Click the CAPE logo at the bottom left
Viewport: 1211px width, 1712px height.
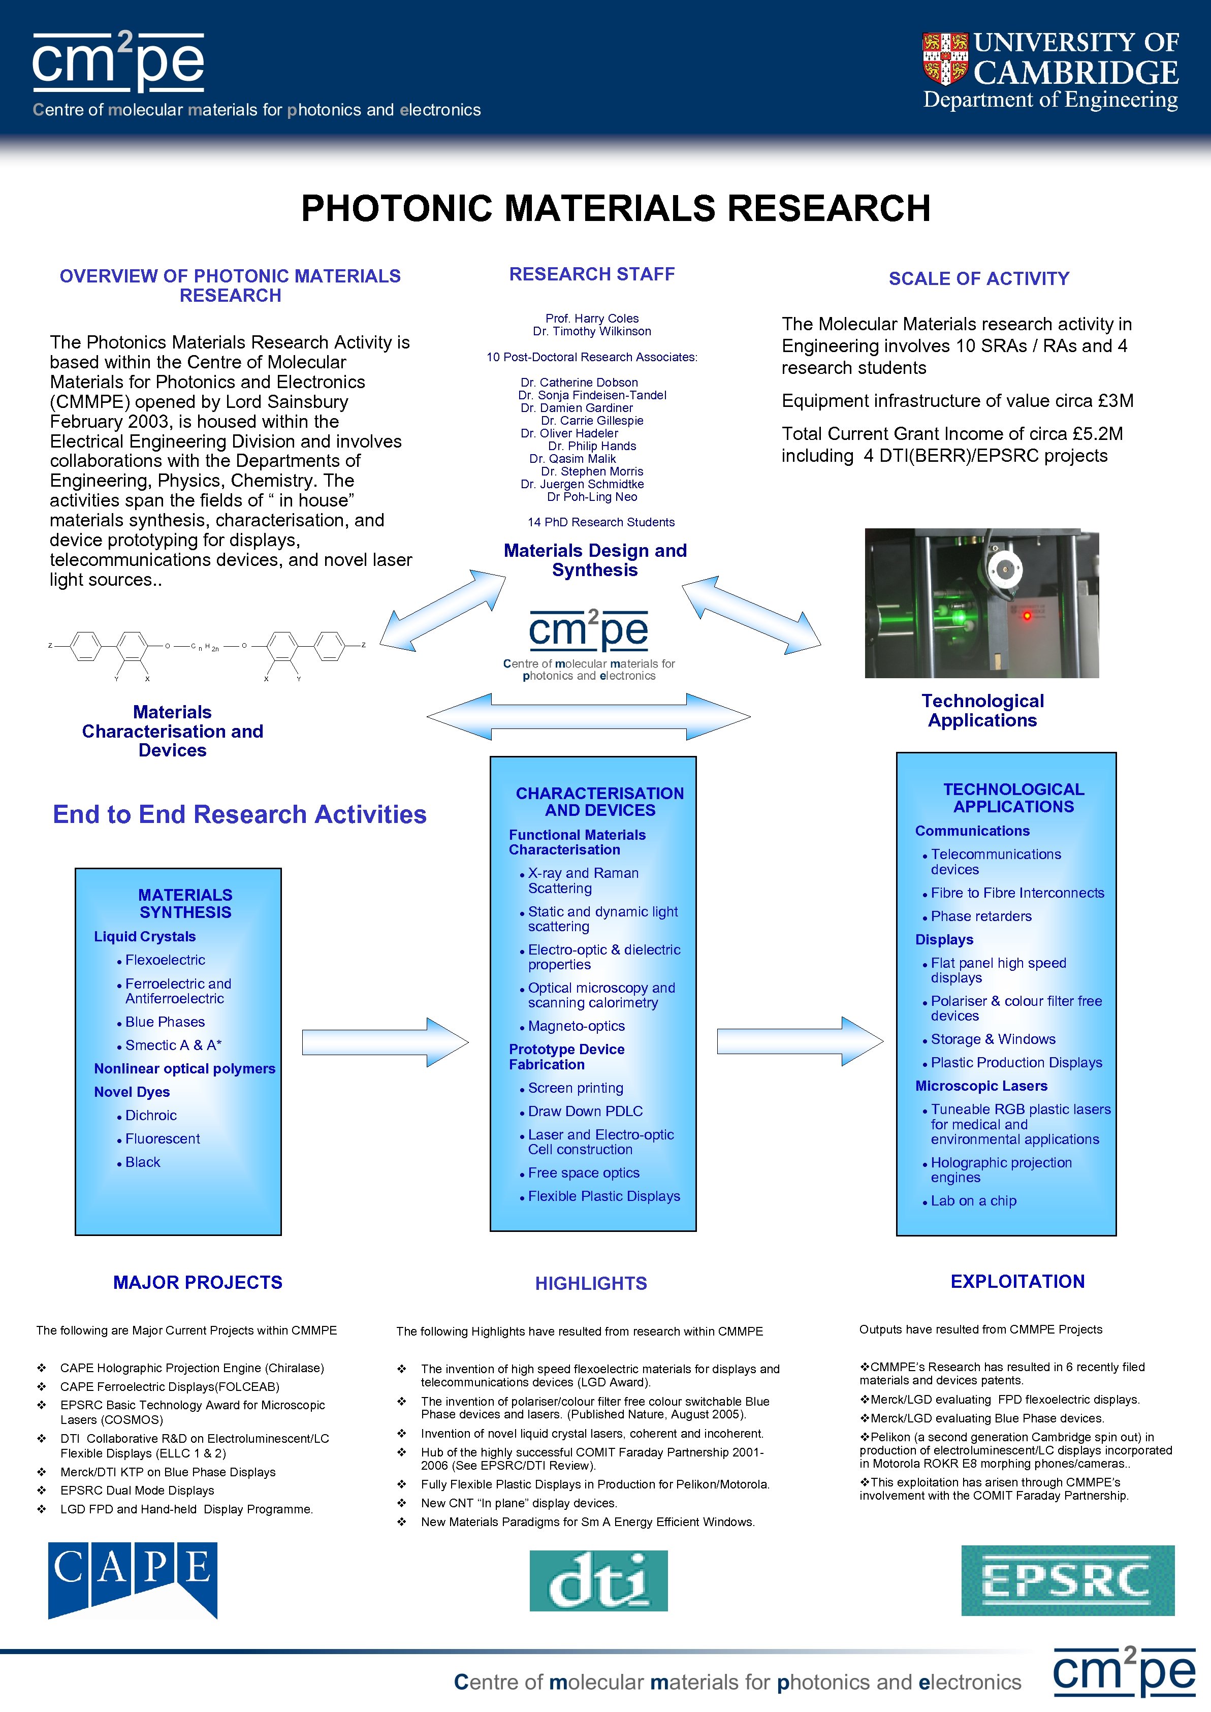[133, 1579]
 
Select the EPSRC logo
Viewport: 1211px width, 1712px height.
[1067, 1580]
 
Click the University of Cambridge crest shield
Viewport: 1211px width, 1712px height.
[945, 59]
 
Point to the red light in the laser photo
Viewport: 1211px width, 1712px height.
[1027, 615]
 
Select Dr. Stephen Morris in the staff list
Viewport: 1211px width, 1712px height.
[592, 471]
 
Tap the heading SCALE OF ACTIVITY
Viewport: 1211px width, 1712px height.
[978, 279]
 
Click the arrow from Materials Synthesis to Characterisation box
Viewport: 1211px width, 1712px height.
[385, 1041]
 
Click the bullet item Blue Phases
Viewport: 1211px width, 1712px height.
[165, 1022]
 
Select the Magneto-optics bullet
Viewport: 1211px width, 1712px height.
[577, 1026]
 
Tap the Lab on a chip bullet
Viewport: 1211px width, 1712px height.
[973, 1200]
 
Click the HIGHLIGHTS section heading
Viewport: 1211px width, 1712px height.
[591, 1283]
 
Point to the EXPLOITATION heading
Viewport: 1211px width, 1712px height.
[1017, 1281]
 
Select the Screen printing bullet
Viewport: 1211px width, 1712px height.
[576, 1088]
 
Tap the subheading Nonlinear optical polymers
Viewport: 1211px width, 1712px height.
[184, 1068]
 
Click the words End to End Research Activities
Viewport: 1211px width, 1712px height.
[239, 814]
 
